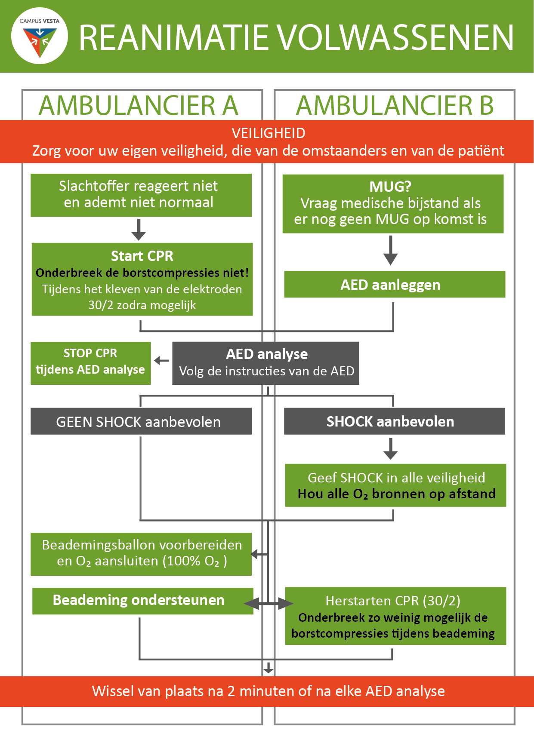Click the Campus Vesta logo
click(40, 36)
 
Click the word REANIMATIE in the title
click(174, 38)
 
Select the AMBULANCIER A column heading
click(139, 106)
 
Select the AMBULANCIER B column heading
click(395, 106)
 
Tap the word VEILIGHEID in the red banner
click(269, 133)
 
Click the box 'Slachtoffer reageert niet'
click(141, 195)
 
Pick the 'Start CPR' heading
click(142, 256)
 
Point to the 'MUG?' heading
click(390, 186)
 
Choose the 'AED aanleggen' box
click(395, 284)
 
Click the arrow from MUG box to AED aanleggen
click(390, 250)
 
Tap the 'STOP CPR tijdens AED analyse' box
click(91, 363)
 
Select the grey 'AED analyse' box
click(265, 363)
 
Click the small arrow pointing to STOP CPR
click(161, 360)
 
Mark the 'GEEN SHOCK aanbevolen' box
click(141, 421)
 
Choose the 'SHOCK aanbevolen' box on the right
click(395, 421)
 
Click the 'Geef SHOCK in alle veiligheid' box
click(395, 485)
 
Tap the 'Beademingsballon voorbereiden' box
click(141, 554)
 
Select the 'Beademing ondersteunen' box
click(143, 601)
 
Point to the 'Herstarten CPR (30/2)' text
click(393, 601)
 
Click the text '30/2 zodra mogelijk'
click(142, 305)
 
